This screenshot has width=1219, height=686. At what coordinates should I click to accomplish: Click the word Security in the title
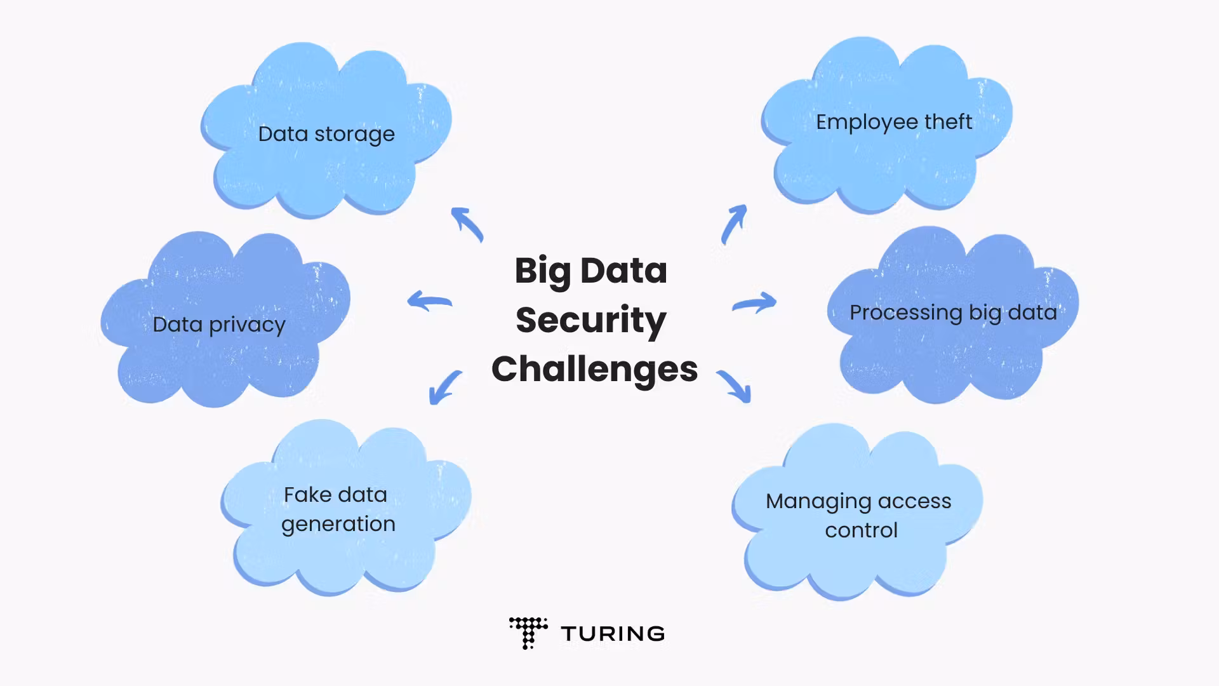pos(590,320)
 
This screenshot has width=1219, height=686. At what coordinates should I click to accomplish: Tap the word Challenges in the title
pos(594,369)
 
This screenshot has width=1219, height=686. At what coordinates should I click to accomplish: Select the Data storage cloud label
pos(326,134)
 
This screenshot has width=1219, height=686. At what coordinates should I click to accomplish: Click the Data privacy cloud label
pos(219,325)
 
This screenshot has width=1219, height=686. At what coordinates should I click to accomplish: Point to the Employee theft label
pos(893,122)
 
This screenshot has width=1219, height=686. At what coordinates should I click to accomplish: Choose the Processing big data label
pos(953,313)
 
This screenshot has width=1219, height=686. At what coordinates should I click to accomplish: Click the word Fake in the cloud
pos(308,495)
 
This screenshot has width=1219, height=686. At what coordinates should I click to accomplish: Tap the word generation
pos(338,525)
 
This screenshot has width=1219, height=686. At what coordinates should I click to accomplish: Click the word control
pos(861,530)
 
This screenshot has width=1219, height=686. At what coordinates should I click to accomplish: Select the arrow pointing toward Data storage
pos(467,224)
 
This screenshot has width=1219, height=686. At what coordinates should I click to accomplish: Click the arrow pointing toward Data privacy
pos(429,300)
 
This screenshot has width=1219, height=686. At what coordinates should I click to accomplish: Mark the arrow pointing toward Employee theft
pos(734,223)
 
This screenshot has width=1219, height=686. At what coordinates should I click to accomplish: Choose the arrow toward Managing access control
pos(735,386)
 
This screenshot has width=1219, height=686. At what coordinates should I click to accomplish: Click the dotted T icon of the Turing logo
pos(528,632)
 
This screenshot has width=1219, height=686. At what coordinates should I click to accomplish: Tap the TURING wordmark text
pos(613,633)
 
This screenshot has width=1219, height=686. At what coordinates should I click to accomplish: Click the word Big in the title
pos(542,271)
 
